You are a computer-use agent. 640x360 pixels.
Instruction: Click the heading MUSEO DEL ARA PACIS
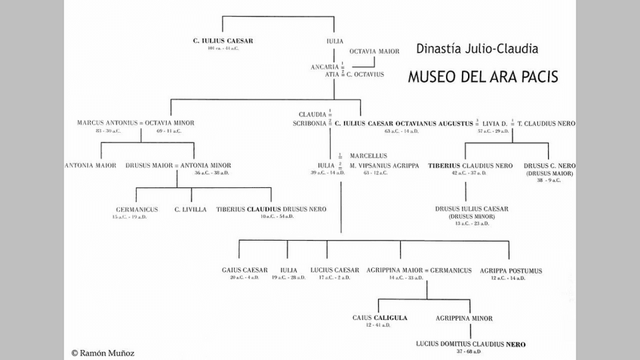(483, 77)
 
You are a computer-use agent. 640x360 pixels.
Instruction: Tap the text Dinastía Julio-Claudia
(477, 49)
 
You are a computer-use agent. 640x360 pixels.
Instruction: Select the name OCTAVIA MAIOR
(374, 51)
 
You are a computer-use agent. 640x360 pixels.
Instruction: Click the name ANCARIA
(325, 66)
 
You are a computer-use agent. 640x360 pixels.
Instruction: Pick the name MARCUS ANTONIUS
(106, 122)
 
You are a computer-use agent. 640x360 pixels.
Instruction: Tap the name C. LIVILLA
(190, 209)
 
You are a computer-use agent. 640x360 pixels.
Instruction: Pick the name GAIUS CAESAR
(245, 270)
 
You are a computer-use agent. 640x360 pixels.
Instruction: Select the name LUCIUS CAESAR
(335, 270)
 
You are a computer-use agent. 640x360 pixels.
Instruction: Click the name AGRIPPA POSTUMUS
(511, 270)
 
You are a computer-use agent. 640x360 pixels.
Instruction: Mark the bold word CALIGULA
(391, 318)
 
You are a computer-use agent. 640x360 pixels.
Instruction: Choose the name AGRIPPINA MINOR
(465, 318)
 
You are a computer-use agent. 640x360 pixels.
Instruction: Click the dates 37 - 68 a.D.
(470, 351)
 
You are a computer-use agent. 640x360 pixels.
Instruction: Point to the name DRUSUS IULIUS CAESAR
(472, 208)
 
